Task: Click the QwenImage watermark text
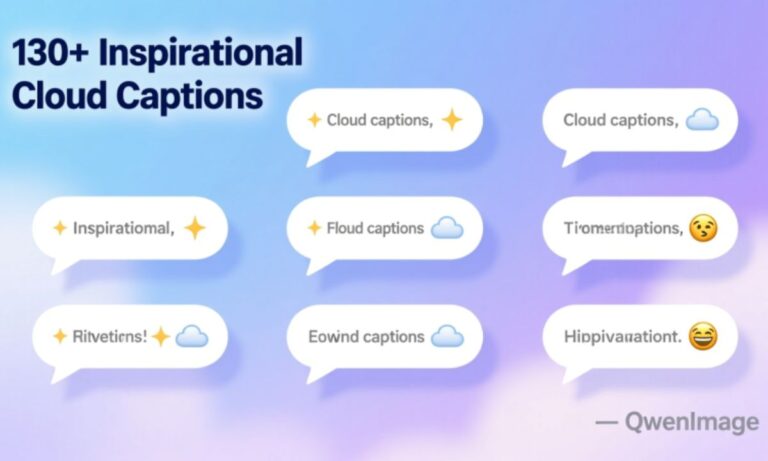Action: coord(692,423)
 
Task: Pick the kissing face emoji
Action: coord(704,229)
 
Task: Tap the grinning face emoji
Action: coord(704,337)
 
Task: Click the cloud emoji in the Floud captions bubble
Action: coord(446,229)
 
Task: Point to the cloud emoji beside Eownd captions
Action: coord(446,337)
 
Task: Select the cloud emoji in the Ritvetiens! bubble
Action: coord(191,337)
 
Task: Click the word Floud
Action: coord(345,229)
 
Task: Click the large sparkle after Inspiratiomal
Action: coord(195,229)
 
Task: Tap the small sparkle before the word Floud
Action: coord(313,229)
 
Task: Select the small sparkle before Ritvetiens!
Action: coord(59,337)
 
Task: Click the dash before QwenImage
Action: coord(606,423)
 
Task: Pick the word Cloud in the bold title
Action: coord(61,96)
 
